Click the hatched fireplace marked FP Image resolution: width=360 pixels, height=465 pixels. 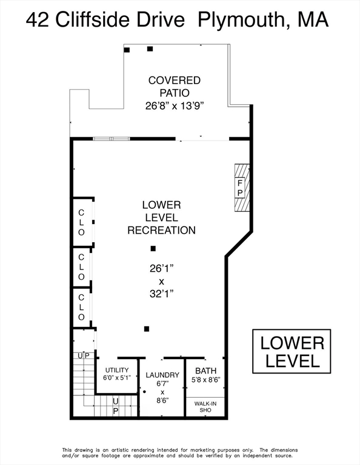[242, 188]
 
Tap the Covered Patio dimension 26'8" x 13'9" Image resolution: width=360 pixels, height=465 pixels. [175, 106]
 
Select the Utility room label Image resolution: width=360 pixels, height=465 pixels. [117, 370]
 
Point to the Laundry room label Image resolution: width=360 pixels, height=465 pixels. [162, 375]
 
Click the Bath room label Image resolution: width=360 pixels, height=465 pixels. [205, 371]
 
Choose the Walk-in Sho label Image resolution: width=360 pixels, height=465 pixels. [205, 407]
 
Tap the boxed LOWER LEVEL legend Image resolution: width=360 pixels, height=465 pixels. [292, 351]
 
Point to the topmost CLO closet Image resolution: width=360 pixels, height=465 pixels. [81, 222]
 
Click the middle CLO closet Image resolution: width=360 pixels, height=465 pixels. [81, 267]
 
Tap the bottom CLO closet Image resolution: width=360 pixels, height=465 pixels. [81, 307]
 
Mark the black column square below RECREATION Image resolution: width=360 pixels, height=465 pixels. [153, 248]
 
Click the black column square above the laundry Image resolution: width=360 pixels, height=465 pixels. [147, 329]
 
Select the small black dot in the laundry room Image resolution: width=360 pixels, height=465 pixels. [144, 392]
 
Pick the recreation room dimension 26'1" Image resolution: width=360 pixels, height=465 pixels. [161, 269]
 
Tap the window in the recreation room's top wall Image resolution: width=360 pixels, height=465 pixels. [112, 139]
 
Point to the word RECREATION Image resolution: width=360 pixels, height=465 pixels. [161, 231]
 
